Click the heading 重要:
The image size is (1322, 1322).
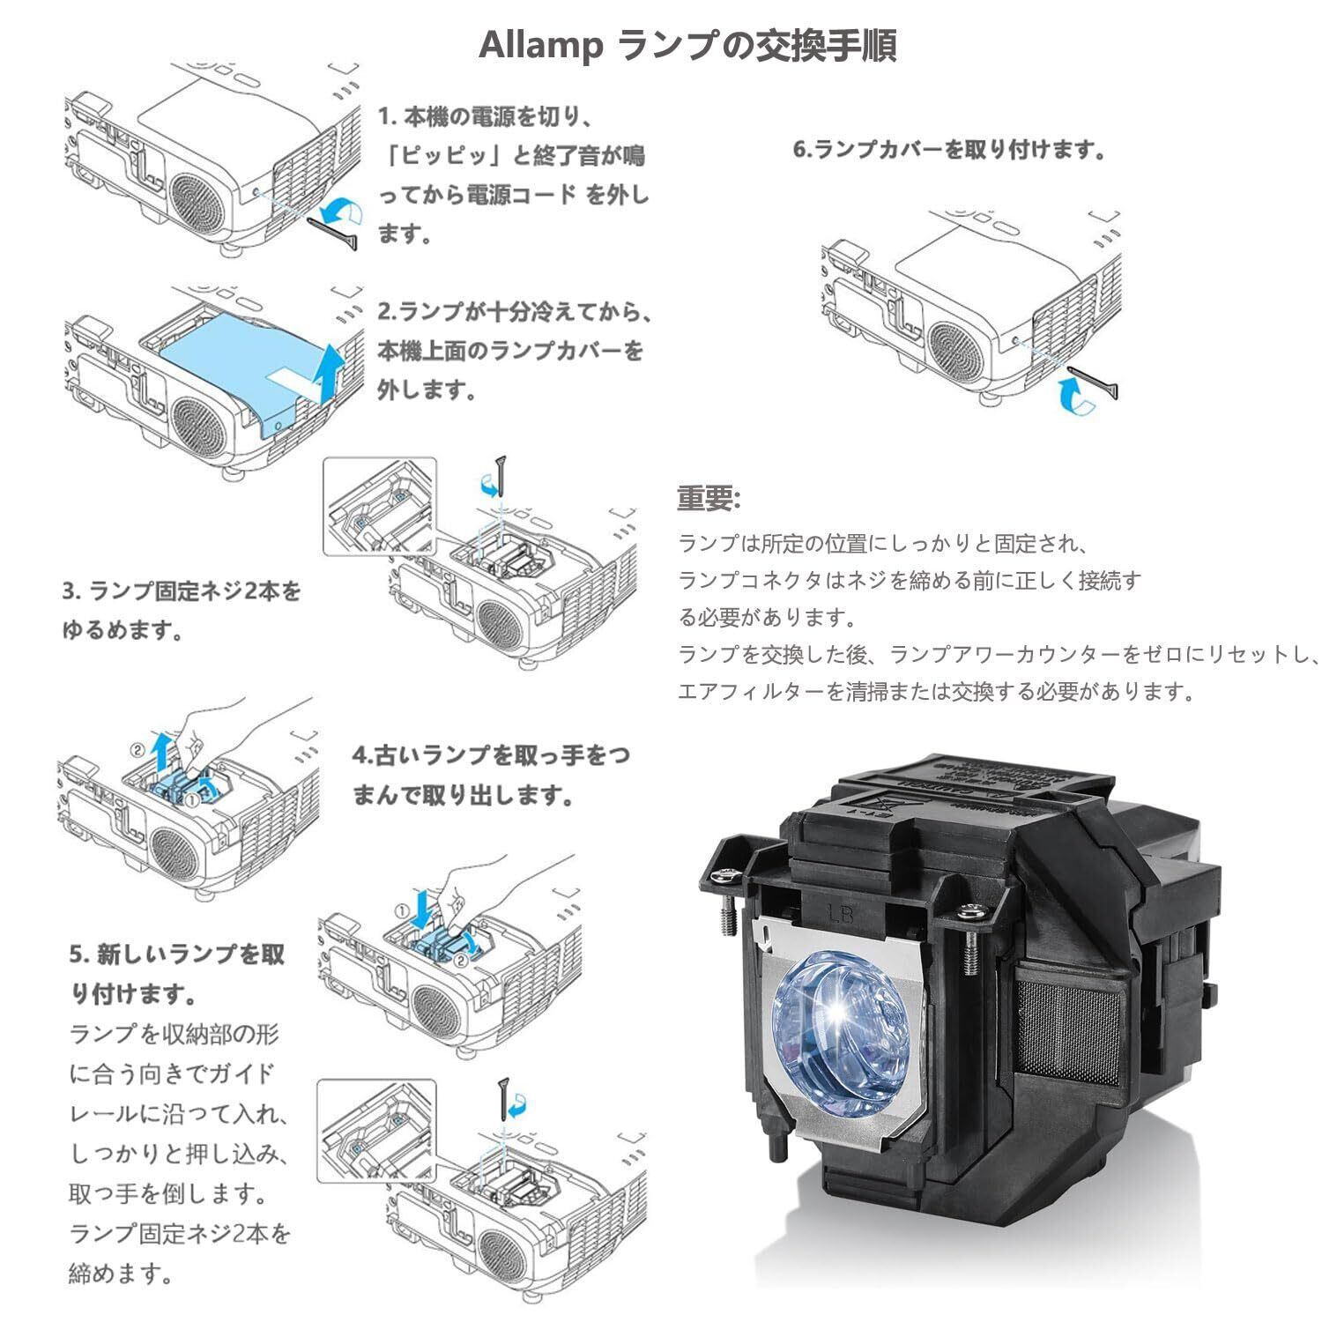click(709, 499)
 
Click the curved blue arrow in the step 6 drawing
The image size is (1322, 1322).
click(1073, 395)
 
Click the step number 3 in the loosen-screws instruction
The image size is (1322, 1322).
click(69, 590)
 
